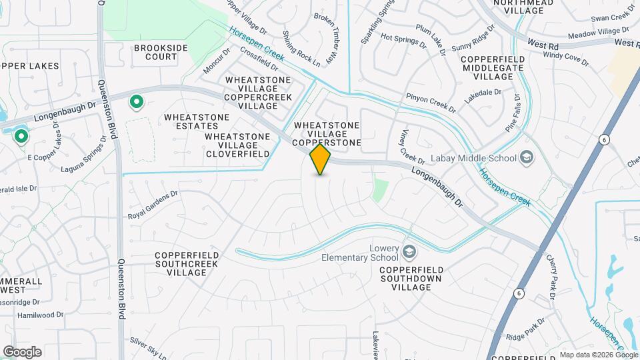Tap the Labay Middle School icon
[527, 158]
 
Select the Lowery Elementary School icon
[409, 252]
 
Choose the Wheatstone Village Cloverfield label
[237, 145]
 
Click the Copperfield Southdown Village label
[412, 278]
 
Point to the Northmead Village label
[523, 7]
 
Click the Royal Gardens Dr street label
[153, 205]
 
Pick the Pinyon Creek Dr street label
[431, 103]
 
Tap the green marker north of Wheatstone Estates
[137, 102]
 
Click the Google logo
[22, 351]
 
